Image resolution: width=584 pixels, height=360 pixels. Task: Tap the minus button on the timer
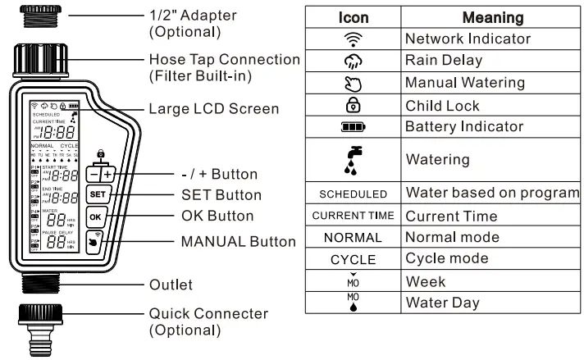[95, 175]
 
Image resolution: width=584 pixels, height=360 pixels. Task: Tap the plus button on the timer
[107, 175]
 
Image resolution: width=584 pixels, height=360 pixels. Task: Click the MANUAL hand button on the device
[96, 242]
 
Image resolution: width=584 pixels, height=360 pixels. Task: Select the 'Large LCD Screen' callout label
[213, 109]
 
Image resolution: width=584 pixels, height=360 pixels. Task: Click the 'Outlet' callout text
[171, 285]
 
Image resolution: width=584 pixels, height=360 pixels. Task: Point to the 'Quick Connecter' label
[208, 314]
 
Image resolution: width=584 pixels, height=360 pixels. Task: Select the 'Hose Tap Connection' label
[224, 60]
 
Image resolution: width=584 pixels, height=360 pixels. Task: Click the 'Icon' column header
[353, 17]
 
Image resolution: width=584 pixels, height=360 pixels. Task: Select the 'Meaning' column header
[492, 17]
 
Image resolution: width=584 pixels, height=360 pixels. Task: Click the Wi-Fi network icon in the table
[353, 39]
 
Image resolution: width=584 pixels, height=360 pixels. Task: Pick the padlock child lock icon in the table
[353, 105]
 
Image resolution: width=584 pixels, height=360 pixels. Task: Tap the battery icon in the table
[353, 127]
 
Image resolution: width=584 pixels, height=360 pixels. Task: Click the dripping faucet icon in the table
[353, 160]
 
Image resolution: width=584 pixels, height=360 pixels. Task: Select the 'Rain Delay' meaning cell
[444, 61]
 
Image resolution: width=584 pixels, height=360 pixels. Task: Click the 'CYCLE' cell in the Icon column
[353, 259]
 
